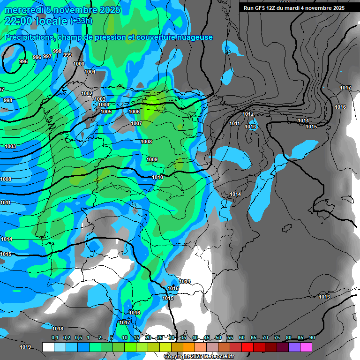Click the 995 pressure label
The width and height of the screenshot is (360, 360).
(x=23, y=61)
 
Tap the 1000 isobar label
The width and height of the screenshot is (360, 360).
(x=79, y=64)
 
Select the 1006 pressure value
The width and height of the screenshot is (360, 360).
(x=134, y=112)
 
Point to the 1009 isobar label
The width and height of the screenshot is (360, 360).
(x=152, y=159)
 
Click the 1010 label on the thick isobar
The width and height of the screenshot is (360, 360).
(x=158, y=177)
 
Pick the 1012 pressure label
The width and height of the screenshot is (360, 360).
(x=248, y=114)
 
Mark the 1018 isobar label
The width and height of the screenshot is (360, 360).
(x=58, y=329)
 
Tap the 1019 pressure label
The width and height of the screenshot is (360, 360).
(x=25, y=347)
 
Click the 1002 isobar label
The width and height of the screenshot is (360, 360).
(x=87, y=93)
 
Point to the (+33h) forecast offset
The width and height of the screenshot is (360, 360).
(x=81, y=21)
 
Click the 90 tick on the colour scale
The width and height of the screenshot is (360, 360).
(x=312, y=337)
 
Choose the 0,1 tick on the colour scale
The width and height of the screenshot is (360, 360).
(x=55, y=337)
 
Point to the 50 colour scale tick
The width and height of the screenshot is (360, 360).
(x=218, y=337)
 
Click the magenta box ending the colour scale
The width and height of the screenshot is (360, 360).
(x=306, y=347)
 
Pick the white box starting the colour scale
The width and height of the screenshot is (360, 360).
(x=48, y=347)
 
